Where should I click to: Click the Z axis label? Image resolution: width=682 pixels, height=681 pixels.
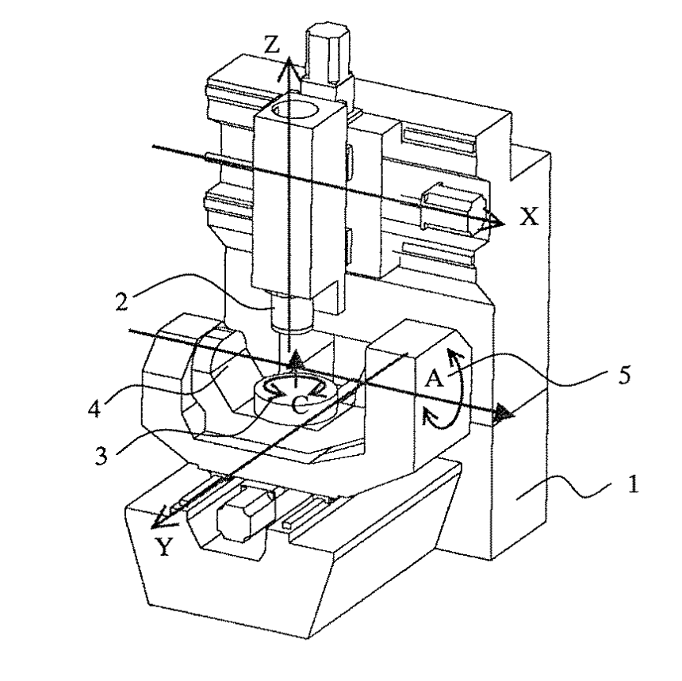click(x=272, y=45)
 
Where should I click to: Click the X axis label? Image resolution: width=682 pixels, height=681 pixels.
click(x=529, y=216)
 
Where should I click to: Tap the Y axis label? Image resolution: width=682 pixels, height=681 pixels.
click(x=165, y=547)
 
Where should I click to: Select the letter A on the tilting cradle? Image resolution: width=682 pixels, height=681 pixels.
click(x=434, y=379)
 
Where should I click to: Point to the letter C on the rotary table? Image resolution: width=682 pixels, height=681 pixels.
click(x=300, y=406)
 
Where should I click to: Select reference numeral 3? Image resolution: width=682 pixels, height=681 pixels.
click(x=101, y=456)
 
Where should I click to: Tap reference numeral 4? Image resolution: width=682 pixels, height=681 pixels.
click(x=94, y=408)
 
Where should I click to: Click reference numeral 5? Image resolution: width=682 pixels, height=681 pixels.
click(x=624, y=375)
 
